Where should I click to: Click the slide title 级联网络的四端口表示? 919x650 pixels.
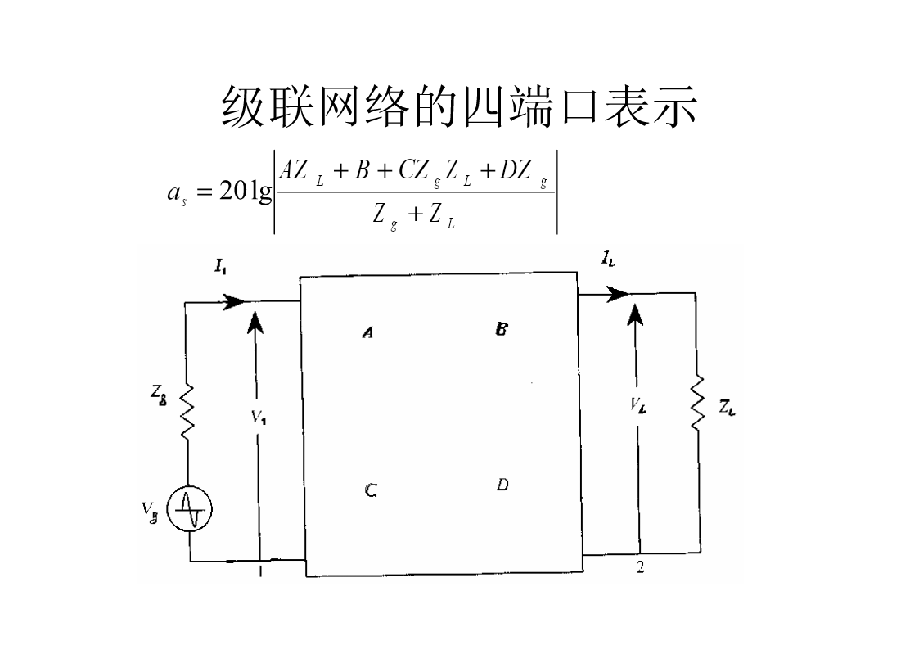point(459,106)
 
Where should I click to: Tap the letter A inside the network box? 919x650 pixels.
point(368,332)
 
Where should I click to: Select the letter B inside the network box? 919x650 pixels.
point(502,329)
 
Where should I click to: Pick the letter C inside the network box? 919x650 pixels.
point(371,490)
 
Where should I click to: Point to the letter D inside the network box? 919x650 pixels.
point(502,485)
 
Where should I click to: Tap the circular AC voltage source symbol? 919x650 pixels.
point(190,510)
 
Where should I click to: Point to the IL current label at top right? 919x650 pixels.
point(607,260)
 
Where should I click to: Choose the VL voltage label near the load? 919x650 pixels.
point(638,404)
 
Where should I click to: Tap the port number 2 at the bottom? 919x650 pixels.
point(640,567)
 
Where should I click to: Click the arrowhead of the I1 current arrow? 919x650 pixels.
point(236,301)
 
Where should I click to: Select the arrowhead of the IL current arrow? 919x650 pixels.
point(618,295)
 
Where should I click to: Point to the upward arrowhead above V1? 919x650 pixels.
point(256,320)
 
